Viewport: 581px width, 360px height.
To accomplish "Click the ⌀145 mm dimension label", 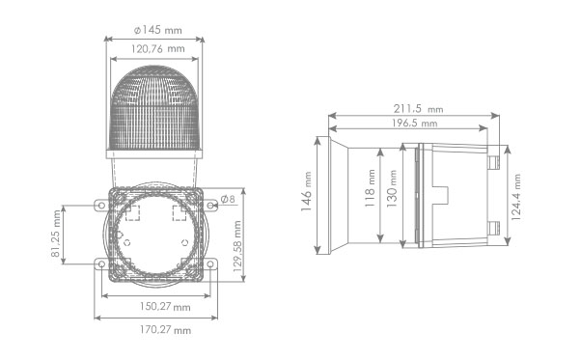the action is [158, 30].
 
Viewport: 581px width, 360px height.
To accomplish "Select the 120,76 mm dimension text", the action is [158, 48].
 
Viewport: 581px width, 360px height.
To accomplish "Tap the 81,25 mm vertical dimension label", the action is [55, 234].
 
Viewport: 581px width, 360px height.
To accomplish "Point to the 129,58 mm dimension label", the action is [237, 246].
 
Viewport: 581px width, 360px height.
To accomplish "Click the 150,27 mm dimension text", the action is [165, 307].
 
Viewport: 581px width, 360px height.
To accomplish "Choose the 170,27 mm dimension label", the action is [165, 329].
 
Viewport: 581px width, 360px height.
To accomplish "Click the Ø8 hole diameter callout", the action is [228, 199].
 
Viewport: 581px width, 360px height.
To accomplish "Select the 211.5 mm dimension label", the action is [418, 108].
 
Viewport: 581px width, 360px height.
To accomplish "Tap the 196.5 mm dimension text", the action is [414, 123].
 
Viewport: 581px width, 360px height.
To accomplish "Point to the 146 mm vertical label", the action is [307, 191].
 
